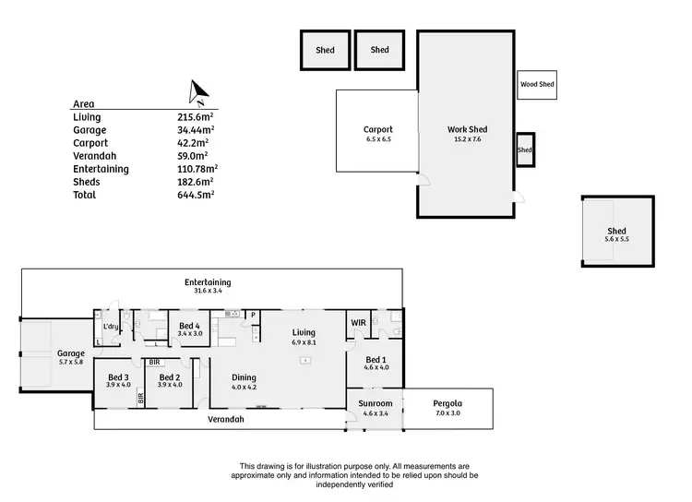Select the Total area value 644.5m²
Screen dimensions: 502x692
196,195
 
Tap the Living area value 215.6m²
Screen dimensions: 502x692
196,117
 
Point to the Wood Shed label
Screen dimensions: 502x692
537,85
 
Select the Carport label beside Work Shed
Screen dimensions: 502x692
378,129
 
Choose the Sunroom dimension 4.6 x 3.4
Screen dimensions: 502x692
376,413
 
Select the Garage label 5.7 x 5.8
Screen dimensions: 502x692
71,353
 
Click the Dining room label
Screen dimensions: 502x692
244,376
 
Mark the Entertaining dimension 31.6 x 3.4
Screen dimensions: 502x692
208,291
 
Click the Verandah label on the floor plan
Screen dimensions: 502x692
226,420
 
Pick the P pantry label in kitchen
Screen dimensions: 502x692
253,316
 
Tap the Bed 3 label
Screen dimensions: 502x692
118,376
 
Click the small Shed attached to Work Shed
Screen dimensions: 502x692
525,149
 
